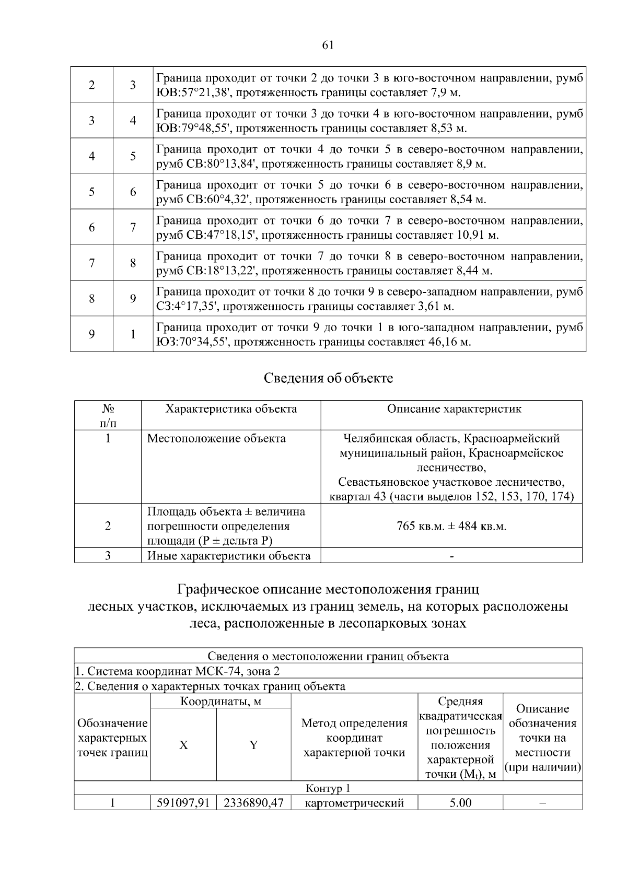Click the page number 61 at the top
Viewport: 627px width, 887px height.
pos(328,45)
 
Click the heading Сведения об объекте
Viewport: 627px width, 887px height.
pos(328,378)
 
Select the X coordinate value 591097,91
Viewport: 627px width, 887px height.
pos(183,802)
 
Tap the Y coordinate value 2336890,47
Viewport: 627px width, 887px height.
pos(253,802)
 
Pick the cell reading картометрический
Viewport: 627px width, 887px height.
pos(354,802)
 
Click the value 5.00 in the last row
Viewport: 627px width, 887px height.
pos(460,802)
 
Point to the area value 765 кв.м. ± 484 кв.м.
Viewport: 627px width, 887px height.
pos(451,526)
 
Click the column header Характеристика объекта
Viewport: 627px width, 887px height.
pos(231,409)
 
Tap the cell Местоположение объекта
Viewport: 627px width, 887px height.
pos(216,438)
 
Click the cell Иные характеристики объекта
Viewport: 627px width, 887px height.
pos(229,555)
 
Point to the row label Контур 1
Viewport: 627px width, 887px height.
pos(328,788)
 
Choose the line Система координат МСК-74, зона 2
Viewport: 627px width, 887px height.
pos(180,671)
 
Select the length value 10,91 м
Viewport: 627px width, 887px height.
pos(478,235)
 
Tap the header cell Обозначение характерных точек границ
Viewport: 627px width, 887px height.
pos(112,738)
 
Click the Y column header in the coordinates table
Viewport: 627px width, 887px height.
pos(253,745)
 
